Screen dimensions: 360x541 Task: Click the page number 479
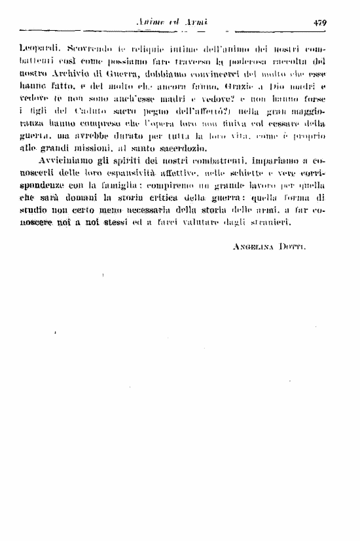319,22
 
